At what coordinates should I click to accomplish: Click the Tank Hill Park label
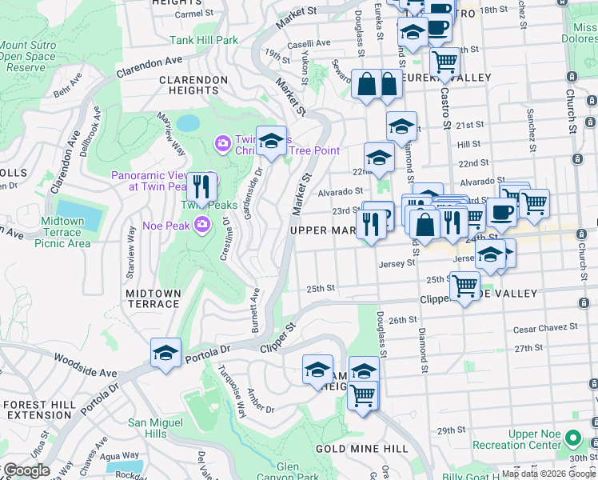click(x=204, y=39)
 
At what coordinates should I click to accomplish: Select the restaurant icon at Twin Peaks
click(x=202, y=187)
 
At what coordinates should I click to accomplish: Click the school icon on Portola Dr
click(x=165, y=353)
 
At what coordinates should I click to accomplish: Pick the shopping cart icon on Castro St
click(x=445, y=61)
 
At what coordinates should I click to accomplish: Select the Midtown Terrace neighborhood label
click(x=153, y=298)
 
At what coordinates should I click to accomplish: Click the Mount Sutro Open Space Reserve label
click(x=28, y=57)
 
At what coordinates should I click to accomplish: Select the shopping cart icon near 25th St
click(x=464, y=286)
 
